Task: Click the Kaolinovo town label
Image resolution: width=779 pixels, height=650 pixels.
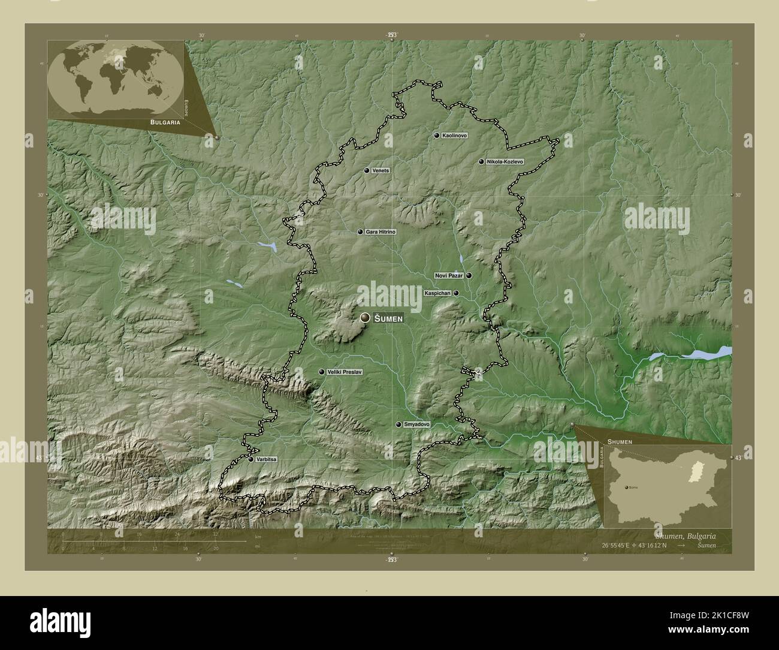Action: [x=454, y=136]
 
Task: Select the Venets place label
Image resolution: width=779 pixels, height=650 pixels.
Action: [x=381, y=171]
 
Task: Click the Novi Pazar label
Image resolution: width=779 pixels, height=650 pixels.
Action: [x=449, y=276]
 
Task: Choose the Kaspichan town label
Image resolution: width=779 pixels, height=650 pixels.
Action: [x=437, y=293]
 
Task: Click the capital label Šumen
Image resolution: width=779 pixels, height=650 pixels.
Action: [x=388, y=318]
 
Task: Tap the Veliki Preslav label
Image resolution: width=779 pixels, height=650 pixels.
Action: [x=345, y=372]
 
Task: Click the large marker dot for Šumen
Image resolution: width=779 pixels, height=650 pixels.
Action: [x=365, y=318]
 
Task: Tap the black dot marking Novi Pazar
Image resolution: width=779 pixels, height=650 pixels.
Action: [x=469, y=276]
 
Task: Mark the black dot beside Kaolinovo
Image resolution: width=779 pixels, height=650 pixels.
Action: [x=437, y=136]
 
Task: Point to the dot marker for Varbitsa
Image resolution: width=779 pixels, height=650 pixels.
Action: [x=251, y=459]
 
